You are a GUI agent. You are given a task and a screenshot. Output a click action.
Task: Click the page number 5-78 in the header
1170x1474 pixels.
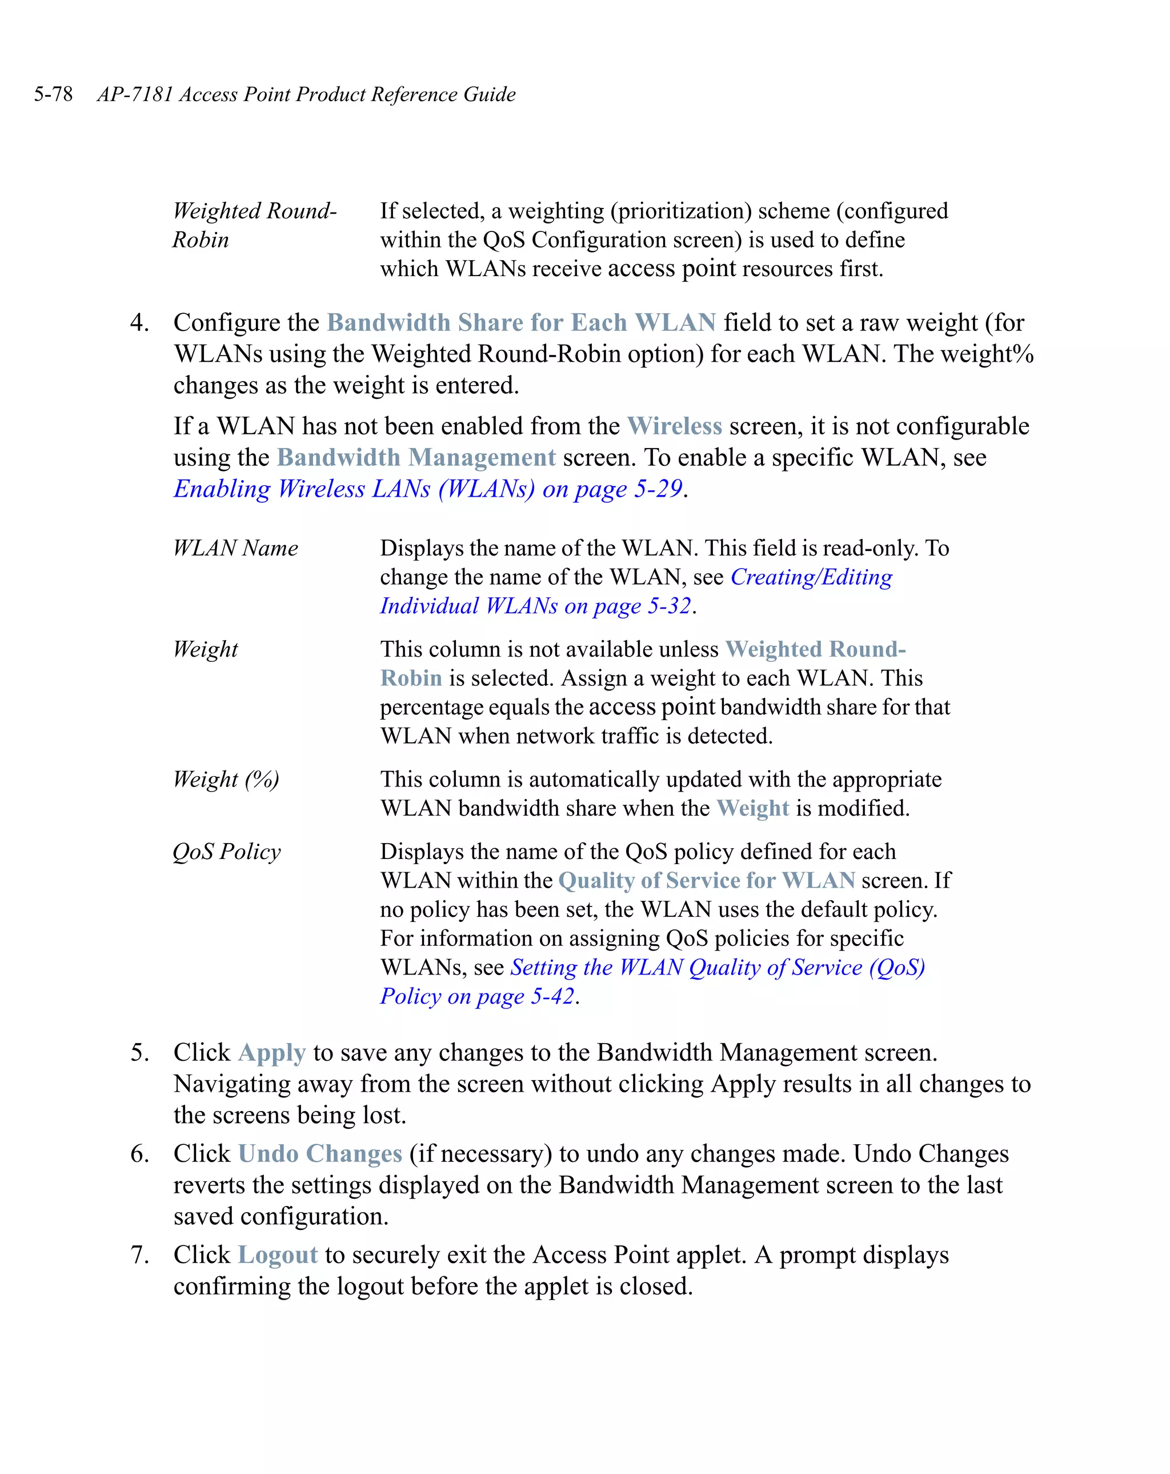click(x=53, y=94)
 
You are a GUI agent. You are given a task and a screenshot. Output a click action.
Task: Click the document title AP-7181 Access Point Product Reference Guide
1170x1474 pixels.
click(x=306, y=94)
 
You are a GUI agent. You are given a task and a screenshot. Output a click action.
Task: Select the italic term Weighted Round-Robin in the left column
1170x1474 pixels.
click(x=254, y=211)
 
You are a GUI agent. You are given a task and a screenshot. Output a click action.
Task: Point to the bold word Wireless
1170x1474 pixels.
click(x=674, y=426)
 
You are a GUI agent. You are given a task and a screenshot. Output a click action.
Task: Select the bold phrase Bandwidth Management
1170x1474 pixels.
click(x=416, y=457)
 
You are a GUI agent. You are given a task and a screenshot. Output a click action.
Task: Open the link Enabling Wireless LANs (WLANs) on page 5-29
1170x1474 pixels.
click(x=428, y=489)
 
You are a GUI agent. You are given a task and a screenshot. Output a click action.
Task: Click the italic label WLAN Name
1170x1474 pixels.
click(x=235, y=548)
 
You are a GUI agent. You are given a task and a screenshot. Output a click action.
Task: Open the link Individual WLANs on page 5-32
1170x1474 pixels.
click(x=535, y=606)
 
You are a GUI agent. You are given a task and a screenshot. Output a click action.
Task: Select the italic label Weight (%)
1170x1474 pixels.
click(x=226, y=780)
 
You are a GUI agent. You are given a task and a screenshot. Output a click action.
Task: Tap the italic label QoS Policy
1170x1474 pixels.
click(x=226, y=852)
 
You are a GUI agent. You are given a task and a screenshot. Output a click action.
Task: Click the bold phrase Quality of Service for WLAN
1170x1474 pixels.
click(x=706, y=881)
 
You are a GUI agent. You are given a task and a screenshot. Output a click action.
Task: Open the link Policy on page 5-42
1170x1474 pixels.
click(x=477, y=997)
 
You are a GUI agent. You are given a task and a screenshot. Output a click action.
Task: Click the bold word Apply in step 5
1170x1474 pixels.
click(x=271, y=1053)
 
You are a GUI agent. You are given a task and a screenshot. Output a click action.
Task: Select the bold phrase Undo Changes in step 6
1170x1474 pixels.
click(x=320, y=1154)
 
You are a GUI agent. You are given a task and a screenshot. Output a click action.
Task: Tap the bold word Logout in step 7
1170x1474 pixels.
click(x=278, y=1255)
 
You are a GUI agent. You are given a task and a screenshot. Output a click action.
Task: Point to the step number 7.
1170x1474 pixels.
click(x=139, y=1255)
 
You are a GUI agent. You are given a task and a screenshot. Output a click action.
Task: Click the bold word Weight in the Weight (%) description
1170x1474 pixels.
click(x=752, y=809)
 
